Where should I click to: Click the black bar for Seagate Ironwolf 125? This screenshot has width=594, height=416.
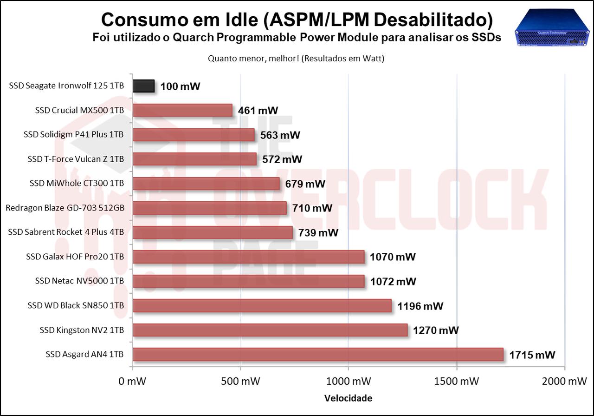(143, 86)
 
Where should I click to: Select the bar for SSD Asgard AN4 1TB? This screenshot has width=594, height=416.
(318, 355)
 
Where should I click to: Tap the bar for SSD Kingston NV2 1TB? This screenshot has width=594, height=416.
(270, 330)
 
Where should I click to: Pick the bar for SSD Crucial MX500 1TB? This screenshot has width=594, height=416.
(182, 110)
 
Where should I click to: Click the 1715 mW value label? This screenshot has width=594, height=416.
(532, 355)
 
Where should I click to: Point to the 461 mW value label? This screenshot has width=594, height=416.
(258, 111)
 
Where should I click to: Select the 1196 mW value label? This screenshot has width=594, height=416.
(420, 306)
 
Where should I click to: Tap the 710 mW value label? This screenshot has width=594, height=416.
(312, 208)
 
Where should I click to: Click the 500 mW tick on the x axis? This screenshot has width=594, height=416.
(240, 381)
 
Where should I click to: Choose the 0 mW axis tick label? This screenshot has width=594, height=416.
(133, 381)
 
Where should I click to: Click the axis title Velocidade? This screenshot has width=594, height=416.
(348, 398)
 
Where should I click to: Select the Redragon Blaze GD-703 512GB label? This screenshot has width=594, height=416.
(65, 208)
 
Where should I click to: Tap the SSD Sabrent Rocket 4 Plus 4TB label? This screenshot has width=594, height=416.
(66, 232)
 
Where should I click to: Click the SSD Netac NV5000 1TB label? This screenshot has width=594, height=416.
(79, 281)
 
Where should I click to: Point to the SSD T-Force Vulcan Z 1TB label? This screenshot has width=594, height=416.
(76, 159)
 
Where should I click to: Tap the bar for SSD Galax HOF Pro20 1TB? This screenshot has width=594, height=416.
(248, 257)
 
